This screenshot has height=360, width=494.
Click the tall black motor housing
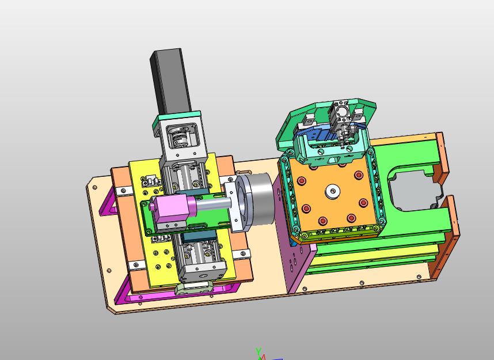pos(171,81)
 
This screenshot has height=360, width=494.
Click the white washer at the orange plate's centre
pos(332,191)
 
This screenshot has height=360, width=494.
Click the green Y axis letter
pos(259,351)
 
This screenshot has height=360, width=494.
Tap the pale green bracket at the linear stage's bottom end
pos(193,288)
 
